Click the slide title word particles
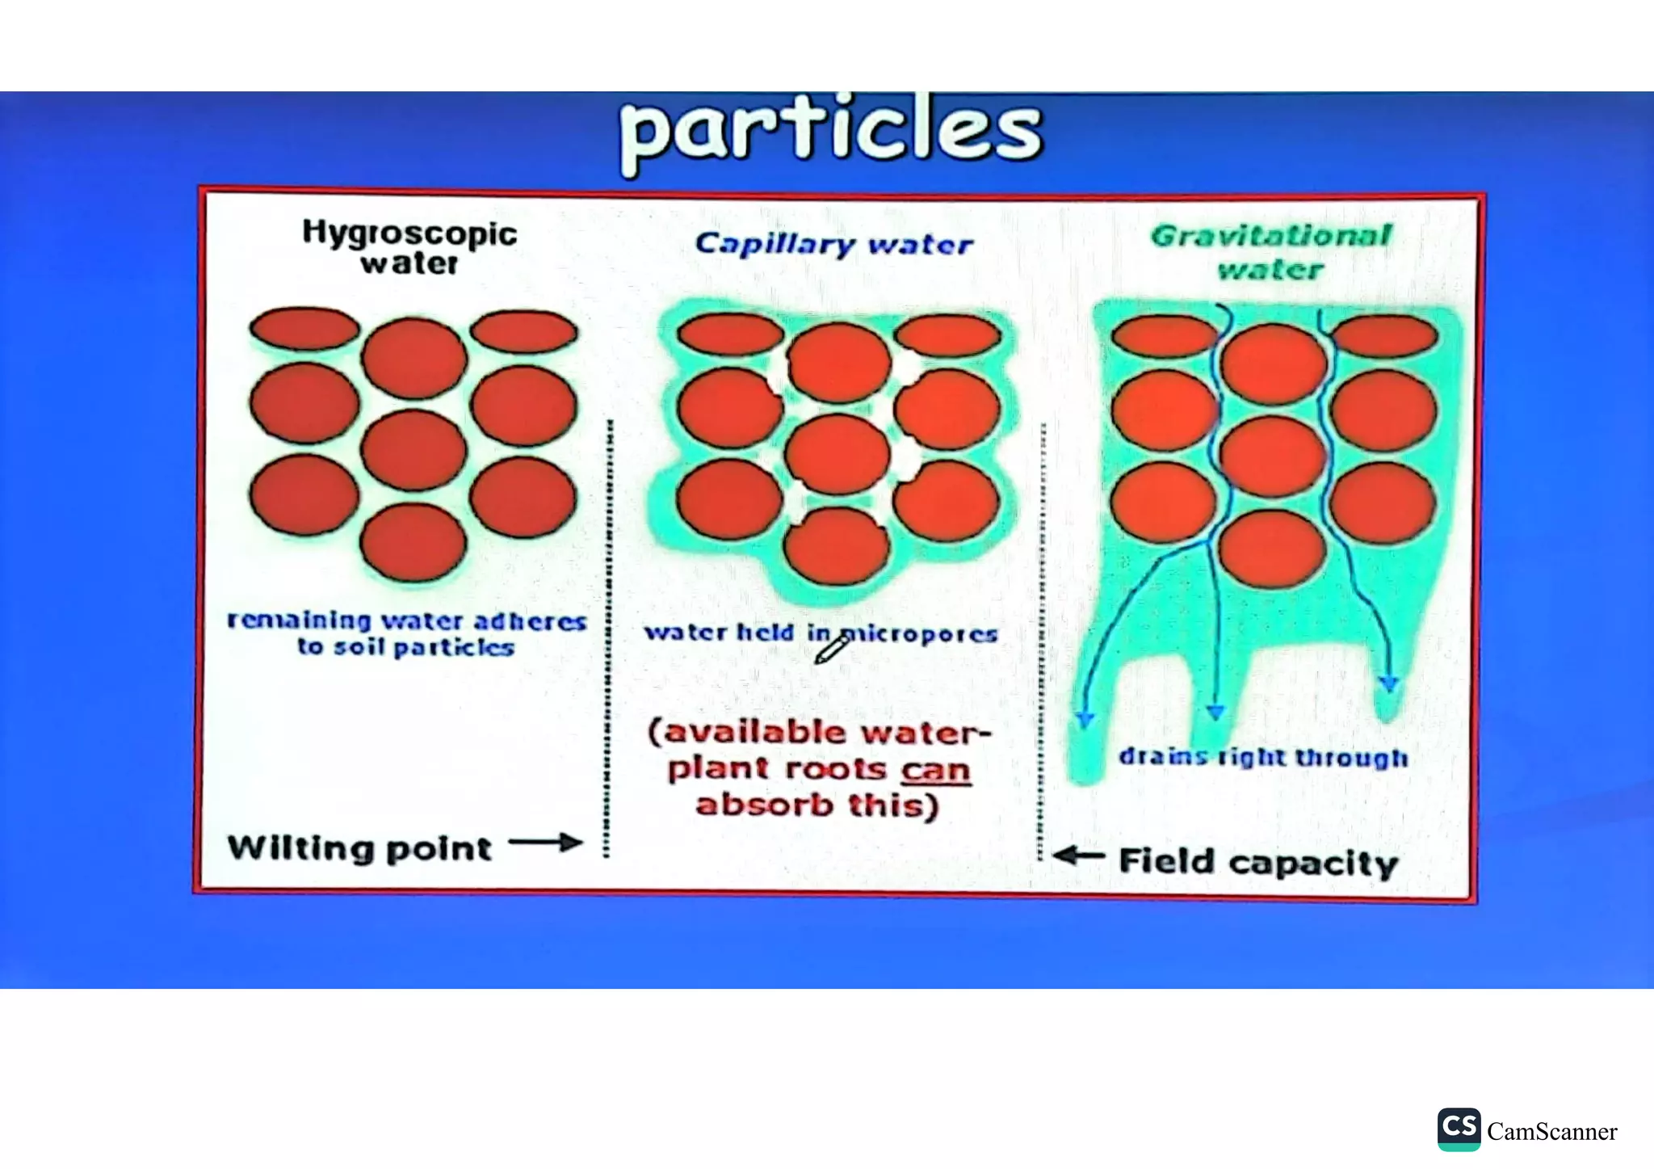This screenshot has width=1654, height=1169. [x=832, y=131]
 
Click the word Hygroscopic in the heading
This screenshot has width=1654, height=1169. [x=409, y=233]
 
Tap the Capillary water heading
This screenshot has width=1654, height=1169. [x=834, y=244]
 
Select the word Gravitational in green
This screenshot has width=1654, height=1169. [x=1271, y=236]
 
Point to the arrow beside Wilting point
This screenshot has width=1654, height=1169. [x=546, y=843]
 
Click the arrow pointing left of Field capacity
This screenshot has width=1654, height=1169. [x=1079, y=856]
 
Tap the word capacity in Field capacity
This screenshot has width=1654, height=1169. [x=1313, y=863]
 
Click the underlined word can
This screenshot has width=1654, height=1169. [x=935, y=769]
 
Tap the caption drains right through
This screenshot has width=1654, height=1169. [x=1263, y=758]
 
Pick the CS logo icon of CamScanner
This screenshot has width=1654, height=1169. [x=1459, y=1129]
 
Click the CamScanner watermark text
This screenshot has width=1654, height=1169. [x=1551, y=1132]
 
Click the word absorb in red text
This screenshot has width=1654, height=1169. [x=764, y=805]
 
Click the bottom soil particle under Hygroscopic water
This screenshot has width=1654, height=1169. [x=413, y=543]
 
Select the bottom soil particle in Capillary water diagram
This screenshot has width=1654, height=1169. [x=837, y=546]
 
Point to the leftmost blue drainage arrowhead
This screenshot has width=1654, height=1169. [x=1085, y=719]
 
